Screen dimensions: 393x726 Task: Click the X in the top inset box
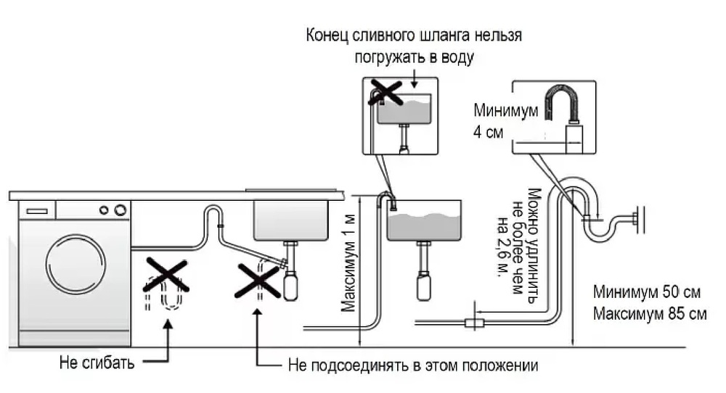[x=386, y=92]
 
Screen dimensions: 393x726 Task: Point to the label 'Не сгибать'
[x=97, y=363]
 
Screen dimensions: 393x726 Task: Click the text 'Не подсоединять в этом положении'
[x=413, y=364]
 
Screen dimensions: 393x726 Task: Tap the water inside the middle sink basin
[x=423, y=226]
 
